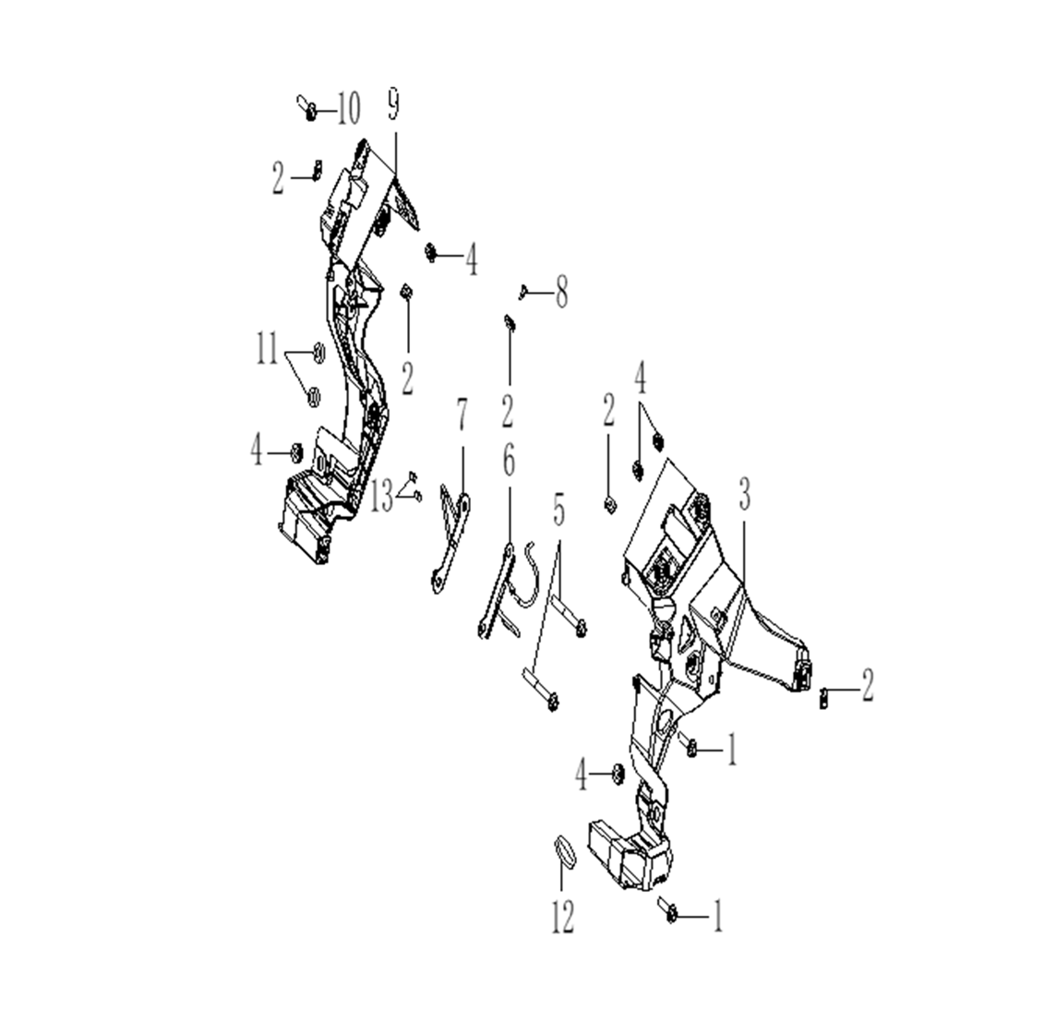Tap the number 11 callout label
[268, 352]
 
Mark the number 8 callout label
[560, 295]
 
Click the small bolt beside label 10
[308, 109]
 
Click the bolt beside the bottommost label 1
[669, 909]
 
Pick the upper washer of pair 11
[317, 351]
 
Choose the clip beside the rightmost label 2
[822, 696]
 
